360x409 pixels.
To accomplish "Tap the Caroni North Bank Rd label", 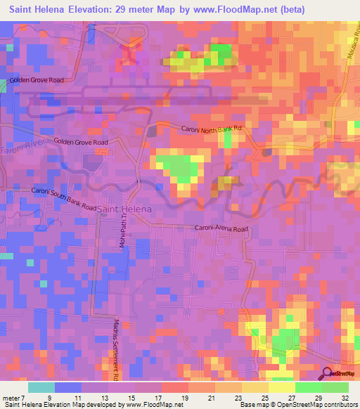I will pos(212,129).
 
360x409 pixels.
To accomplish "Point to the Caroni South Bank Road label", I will pos(63,200).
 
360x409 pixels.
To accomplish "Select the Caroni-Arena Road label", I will pos(221,229).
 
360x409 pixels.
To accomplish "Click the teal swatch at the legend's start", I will pos(41,387).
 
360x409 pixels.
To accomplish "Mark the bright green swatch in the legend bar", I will pos(308,387).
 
